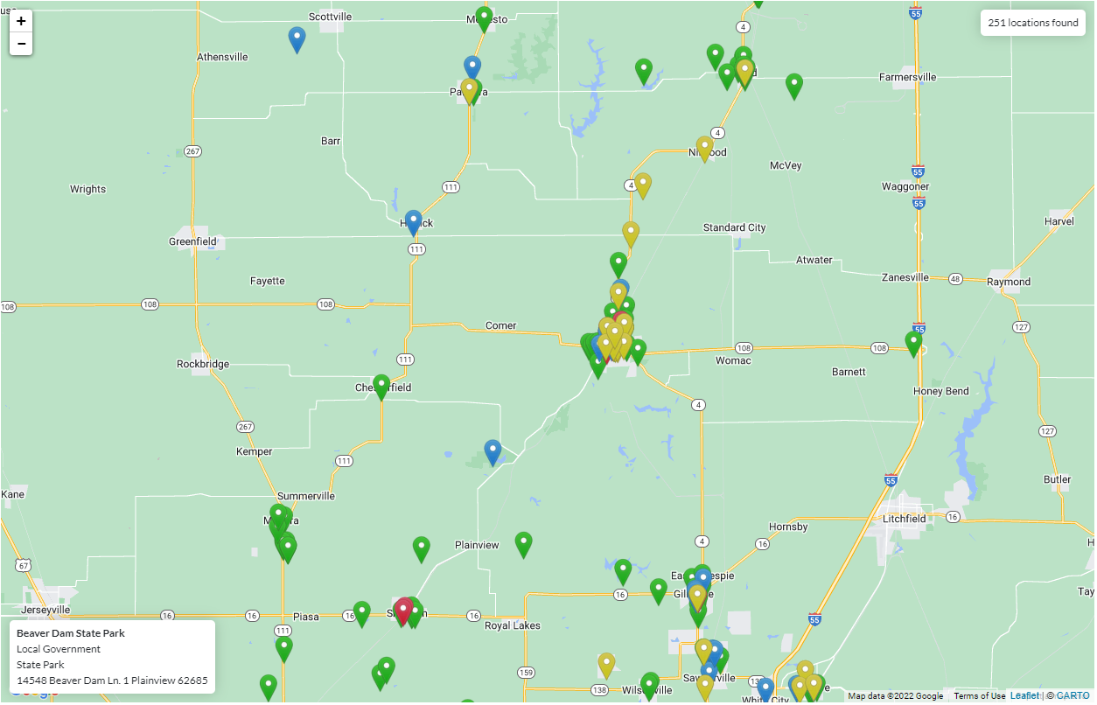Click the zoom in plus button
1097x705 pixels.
pos(21,21)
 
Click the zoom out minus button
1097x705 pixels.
pos(21,44)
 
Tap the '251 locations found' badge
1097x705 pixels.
pos(1032,23)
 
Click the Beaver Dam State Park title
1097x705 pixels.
pos(71,633)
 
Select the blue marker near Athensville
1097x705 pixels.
pos(297,38)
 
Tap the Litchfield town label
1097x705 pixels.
pos(904,519)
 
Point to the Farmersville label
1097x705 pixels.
pos(907,77)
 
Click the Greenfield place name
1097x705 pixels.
pos(192,241)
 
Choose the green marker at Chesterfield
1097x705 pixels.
pos(381,386)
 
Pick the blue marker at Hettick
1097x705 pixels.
pos(414,222)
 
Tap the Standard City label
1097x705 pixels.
pos(734,227)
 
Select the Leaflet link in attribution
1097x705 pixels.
pos(1024,696)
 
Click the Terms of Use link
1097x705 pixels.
pos(979,696)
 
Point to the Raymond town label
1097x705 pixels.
pos(1009,282)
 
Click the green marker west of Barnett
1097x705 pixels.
pos(914,343)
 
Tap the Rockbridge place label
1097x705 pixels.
pos(203,364)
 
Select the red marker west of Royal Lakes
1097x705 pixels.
pos(403,610)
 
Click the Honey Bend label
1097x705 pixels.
pos(940,391)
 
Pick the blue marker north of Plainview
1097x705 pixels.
pos(493,451)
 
